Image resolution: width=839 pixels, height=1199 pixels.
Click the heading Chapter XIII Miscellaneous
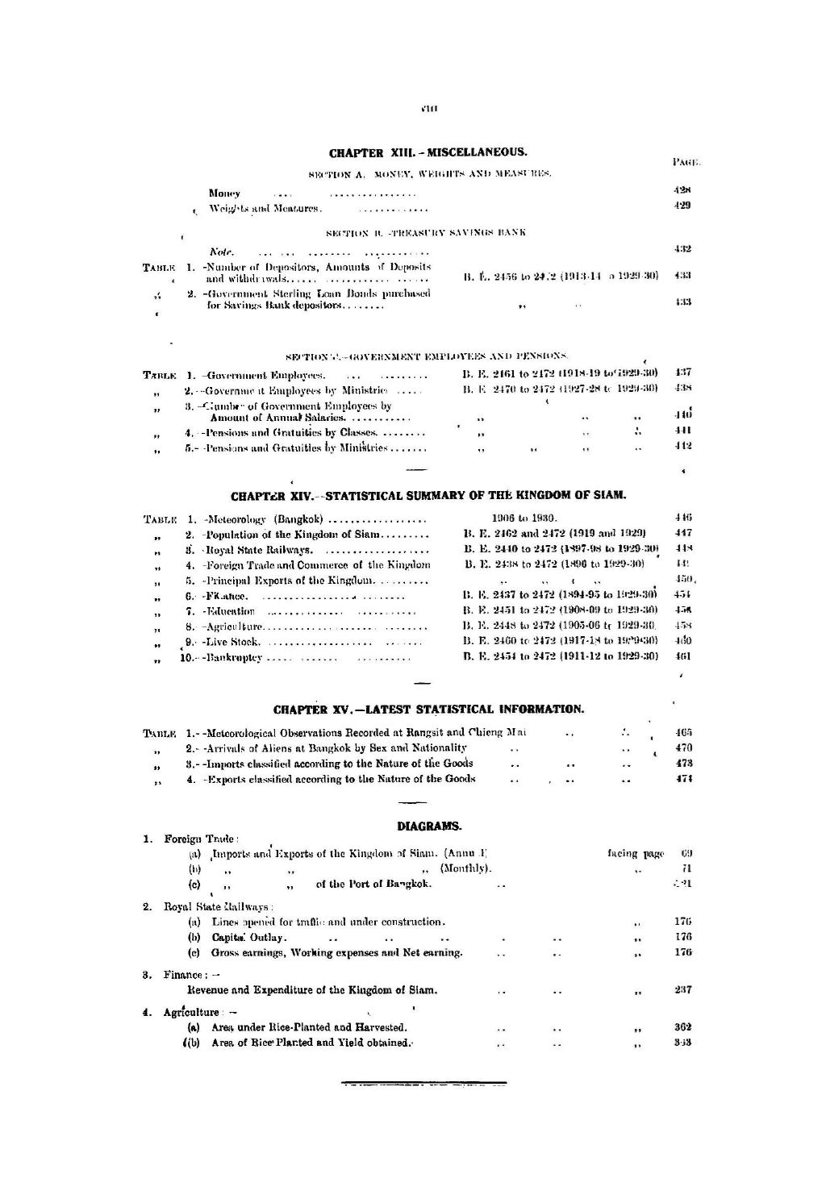coord(428,152)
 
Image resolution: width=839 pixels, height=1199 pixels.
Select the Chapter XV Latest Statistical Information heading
coord(428,710)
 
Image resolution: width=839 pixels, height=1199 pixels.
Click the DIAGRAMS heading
coord(429,826)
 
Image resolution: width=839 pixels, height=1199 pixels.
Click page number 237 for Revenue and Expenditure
coord(682,989)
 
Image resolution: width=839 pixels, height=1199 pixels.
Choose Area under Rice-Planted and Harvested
coord(308,1027)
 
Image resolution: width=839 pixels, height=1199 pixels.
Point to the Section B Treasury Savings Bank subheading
coord(426,233)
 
